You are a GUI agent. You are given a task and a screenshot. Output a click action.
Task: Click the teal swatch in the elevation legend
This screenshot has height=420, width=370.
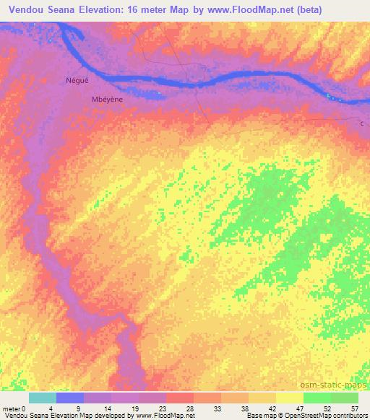pos(43,398)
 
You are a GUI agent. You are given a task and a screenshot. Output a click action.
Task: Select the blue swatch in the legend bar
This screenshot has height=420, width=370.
pos(70,398)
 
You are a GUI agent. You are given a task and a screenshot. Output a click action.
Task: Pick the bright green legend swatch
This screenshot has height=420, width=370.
pos(317,398)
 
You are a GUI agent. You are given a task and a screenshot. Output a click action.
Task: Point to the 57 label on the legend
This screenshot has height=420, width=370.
pos(355,408)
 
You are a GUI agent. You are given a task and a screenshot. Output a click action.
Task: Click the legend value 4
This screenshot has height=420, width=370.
pos(50,408)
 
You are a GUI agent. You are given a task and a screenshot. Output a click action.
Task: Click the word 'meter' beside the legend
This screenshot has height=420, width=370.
pos(12,408)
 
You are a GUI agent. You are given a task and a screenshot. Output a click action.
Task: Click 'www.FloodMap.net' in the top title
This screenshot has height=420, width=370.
pos(247,9)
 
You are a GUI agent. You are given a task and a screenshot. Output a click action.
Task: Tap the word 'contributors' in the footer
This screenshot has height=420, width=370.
pos(348,416)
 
